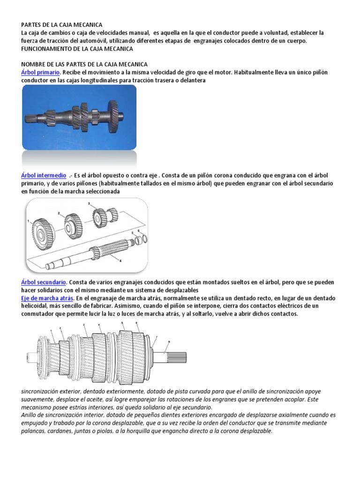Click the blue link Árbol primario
[40, 73]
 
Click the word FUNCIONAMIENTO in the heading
[49, 49]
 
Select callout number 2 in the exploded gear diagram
[59, 213]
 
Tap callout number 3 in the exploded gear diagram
[89, 203]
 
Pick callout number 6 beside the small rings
[139, 232]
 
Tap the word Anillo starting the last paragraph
[30, 415]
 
